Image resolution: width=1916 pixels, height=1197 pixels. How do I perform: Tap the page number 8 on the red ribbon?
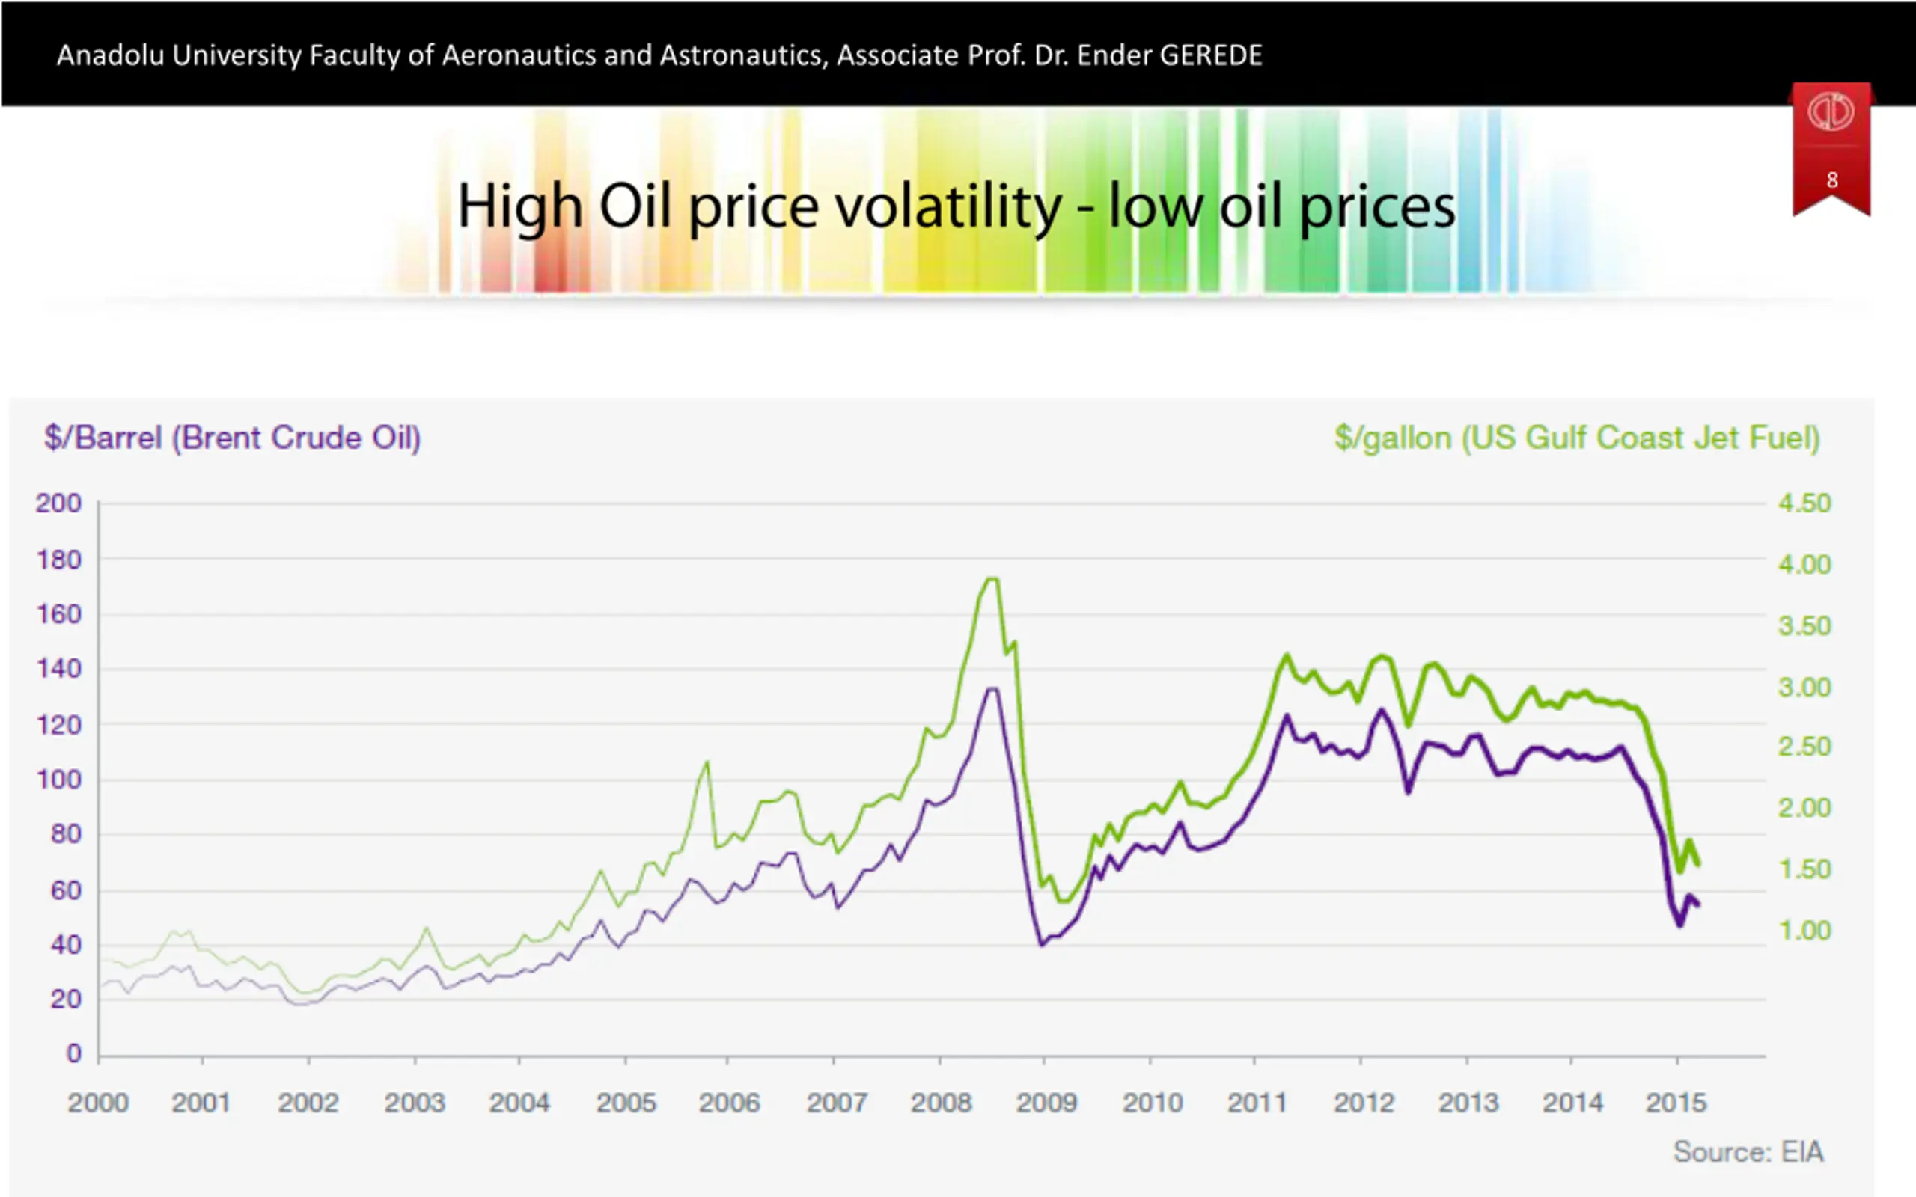pyautogui.click(x=1831, y=180)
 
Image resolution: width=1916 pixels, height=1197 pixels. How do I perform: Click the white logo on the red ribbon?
pyautogui.click(x=1831, y=112)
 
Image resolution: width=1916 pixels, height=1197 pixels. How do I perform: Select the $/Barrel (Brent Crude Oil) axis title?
pyautogui.click(x=232, y=438)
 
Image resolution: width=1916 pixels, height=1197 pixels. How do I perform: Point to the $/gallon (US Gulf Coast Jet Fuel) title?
pyautogui.click(x=1577, y=438)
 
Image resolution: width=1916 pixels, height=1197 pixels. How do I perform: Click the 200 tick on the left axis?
pyautogui.click(x=58, y=503)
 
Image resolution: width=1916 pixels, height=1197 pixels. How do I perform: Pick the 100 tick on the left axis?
pyautogui.click(x=58, y=780)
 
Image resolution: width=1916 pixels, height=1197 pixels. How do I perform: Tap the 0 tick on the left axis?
pyautogui.click(x=73, y=1053)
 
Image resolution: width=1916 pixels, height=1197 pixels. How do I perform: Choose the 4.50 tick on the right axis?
pyautogui.click(x=1804, y=503)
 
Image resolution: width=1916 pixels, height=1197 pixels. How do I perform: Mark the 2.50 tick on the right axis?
pyautogui.click(x=1804, y=747)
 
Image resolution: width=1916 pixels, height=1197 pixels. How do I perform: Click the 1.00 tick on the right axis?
pyautogui.click(x=1804, y=930)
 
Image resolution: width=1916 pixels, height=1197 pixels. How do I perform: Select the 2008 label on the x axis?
pyautogui.click(x=941, y=1103)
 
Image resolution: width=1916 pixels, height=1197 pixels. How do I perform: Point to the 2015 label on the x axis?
pyautogui.click(x=1676, y=1103)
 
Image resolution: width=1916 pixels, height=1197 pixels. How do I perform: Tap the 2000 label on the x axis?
pyautogui.click(x=98, y=1103)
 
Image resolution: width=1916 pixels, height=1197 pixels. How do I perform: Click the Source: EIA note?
pyautogui.click(x=1748, y=1152)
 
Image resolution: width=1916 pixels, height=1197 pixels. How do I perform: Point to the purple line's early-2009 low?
pyautogui.click(x=1043, y=944)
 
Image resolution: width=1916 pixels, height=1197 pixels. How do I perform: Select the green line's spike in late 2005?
pyautogui.click(x=707, y=763)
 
